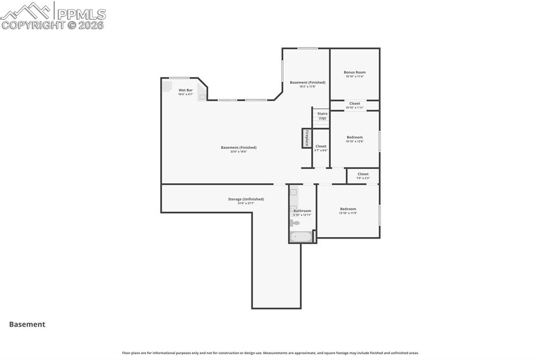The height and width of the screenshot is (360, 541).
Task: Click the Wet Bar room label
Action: [185, 90]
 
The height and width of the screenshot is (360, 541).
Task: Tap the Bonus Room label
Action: [355, 72]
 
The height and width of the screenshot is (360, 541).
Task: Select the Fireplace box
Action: [306, 138]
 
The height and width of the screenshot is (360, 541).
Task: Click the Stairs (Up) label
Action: [322, 116]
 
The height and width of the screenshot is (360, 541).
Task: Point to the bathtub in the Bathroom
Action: [301, 237]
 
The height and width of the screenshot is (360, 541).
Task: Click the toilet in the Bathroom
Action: [294, 223]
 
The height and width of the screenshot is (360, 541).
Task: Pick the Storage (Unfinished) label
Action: [246, 199]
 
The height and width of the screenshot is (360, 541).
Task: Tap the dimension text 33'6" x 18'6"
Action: [239, 152]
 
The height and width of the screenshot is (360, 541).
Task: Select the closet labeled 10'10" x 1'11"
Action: [355, 105]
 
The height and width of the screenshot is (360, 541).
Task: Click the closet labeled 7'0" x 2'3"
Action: [363, 176]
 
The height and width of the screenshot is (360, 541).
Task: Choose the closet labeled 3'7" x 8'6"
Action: [321, 148]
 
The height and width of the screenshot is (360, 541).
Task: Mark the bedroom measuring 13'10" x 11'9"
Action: [348, 211]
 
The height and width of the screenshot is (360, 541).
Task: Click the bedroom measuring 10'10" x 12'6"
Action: [355, 139]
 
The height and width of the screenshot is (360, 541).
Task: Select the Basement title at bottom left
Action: [27, 325]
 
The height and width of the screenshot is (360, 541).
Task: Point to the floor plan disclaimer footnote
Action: [270, 353]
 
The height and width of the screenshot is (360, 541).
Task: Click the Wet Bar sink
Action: [202, 97]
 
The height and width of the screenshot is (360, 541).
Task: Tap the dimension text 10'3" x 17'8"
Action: [307, 87]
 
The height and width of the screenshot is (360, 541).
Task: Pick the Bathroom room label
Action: [303, 211]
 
